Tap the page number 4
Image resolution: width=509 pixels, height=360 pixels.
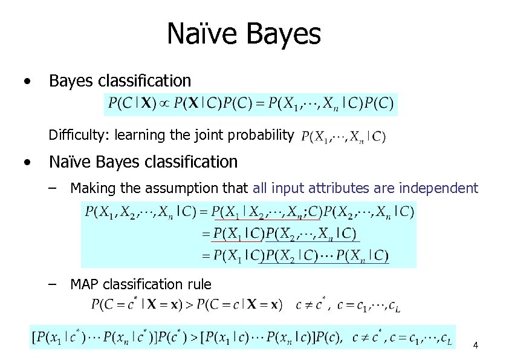point(476,345)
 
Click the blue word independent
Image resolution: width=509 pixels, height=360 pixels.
point(438,188)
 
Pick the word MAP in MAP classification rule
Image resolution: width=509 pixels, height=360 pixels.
point(83,284)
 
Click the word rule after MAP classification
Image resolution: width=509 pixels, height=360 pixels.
point(200,284)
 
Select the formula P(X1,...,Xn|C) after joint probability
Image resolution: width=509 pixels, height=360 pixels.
point(343,136)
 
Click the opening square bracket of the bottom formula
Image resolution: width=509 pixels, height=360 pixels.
point(34,338)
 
